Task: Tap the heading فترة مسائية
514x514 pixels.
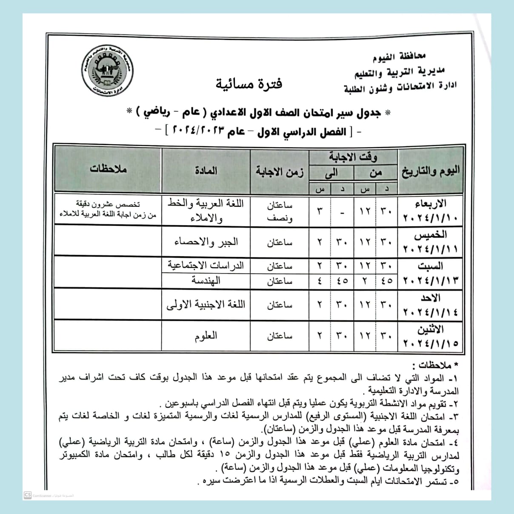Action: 248,84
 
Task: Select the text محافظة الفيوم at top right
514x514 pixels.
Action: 399,57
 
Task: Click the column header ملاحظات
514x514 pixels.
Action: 108,169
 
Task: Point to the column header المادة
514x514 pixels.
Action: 206,171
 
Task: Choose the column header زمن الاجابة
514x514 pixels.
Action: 279,171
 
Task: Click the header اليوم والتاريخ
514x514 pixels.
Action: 430,171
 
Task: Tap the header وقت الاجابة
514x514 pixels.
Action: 353,157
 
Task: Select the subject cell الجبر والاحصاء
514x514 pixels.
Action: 206,242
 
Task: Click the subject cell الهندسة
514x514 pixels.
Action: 206,281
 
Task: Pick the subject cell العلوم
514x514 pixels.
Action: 206,336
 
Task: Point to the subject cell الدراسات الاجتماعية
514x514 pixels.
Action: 206,266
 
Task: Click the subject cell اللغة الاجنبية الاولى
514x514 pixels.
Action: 206,305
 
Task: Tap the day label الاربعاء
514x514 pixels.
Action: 430,203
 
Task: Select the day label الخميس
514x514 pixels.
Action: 430,235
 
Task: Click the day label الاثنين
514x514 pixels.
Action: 430,329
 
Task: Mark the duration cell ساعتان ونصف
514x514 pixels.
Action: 280,211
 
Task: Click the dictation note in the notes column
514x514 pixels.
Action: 108,210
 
